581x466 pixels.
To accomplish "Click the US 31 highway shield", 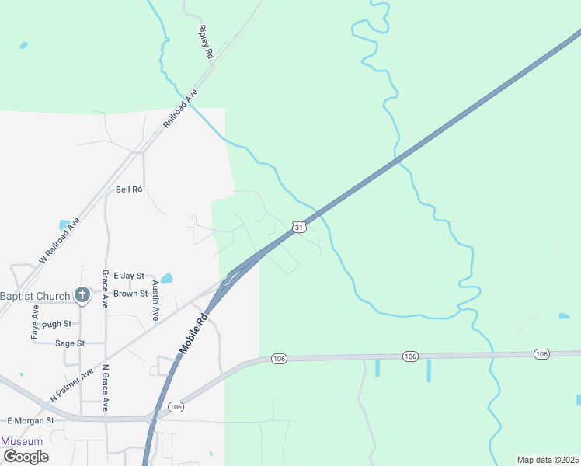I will pos(299,227).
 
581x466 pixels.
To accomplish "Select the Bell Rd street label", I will pos(130,190).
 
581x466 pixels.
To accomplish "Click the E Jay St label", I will pos(129,276).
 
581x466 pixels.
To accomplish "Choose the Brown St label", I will pos(130,294).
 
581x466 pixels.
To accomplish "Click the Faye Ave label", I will pos(35,321).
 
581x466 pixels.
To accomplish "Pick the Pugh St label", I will pos(57,323).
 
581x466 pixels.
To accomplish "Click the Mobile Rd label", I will pos(194,333).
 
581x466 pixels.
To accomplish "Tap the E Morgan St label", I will pos(30,420).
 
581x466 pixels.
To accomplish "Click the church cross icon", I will pos(82,294).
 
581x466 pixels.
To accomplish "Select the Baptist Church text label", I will pos(35,296).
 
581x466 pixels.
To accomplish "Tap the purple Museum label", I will pos(22,441).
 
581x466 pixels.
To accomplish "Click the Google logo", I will pos(26,456).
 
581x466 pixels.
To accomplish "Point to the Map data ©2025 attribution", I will pos(548,460).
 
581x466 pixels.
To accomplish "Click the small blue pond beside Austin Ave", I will pos(167,278).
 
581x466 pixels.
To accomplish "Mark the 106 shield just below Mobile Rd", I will pos(176,407).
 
